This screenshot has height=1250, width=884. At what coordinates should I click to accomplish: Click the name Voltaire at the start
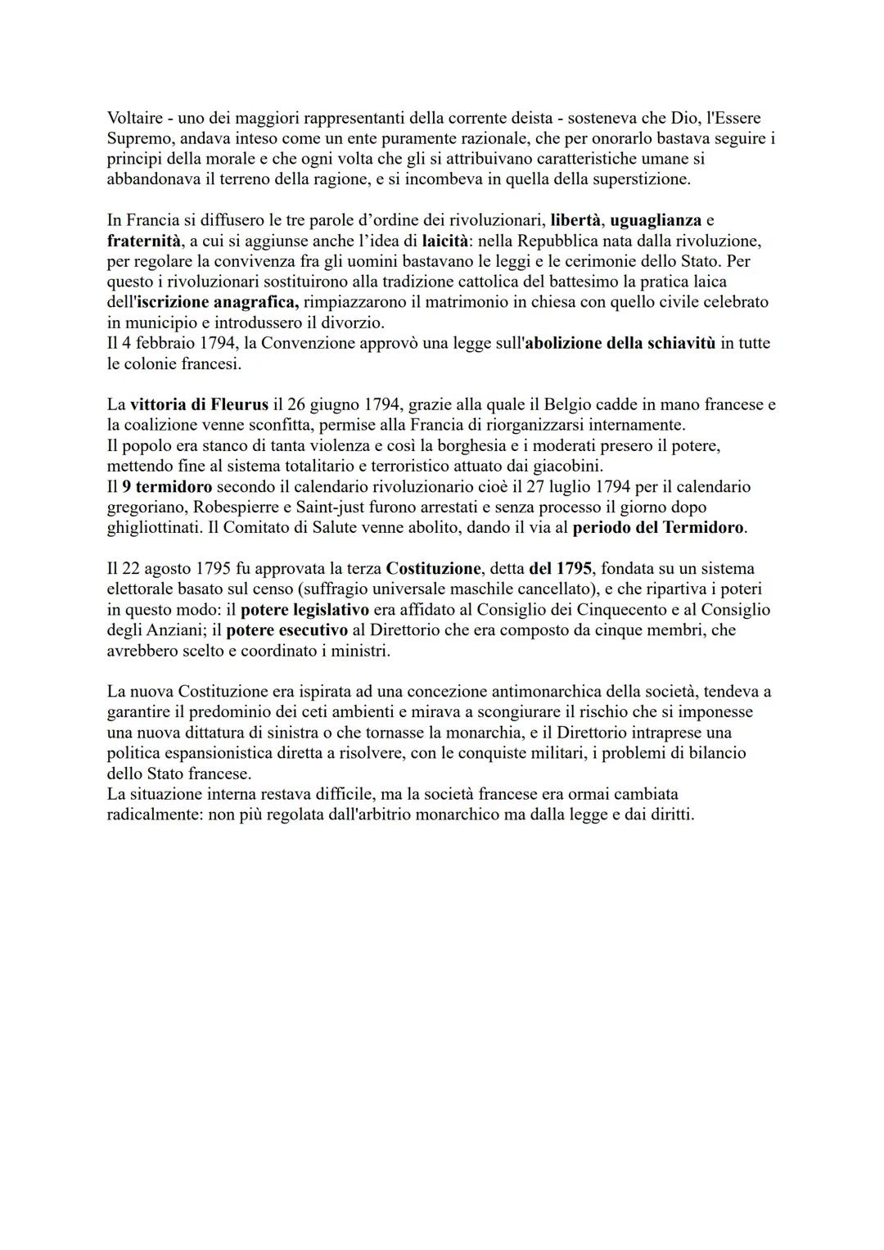coord(134,118)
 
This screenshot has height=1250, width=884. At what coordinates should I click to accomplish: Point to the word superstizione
coord(641,179)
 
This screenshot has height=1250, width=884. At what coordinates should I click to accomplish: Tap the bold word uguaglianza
coord(656,220)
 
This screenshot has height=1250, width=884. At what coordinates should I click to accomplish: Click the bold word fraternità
coord(143,241)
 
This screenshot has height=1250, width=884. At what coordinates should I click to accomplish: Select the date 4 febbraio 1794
coord(169,343)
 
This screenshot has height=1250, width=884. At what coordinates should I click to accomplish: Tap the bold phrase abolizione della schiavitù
coord(620,343)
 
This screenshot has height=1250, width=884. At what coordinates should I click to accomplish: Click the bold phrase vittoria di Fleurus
coord(199,404)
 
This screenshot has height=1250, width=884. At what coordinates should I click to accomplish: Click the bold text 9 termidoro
coord(167,486)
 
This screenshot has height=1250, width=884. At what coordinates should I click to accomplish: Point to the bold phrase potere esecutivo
coord(286,630)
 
